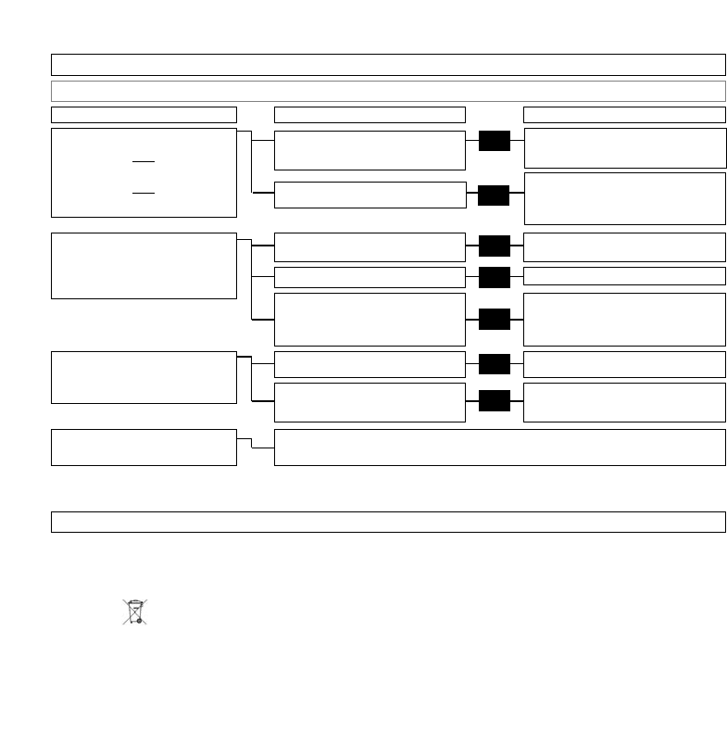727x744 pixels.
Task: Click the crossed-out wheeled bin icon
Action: pyautogui.click(x=135, y=612)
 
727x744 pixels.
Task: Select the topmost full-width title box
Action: pyautogui.click(x=388, y=64)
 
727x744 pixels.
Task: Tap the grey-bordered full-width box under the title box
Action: pyautogui.click(x=388, y=91)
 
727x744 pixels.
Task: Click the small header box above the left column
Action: pyautogui.click(x=144, y=115)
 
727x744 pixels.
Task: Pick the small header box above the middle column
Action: pyautogui.click(x=370, y=115)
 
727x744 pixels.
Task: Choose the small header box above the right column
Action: pyautogui.click(x=624, y=115)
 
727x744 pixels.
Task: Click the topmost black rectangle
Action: pyautogui.click(x=495, y=141)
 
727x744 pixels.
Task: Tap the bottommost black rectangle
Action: pyautogui.click(x=495, y=400)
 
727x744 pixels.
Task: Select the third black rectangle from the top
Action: pyautogui.click(x=495, y=246)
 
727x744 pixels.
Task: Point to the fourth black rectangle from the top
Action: pyautogui.click(x=495, y=276)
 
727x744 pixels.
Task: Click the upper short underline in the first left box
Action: pyautogui.click(x=144, y=161)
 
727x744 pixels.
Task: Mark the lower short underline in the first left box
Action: pyautogui.click(x=144, y=194)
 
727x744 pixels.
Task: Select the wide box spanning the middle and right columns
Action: pyautogui.click(x=500, y=447)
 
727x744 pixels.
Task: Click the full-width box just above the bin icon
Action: pyautogui.click(x=388, y=522)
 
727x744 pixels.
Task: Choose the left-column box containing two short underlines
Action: pyautogui.click(x=144, y=172)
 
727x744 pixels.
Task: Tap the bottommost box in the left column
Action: pyautogui.click(x=144, y=447)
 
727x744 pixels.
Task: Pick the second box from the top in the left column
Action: pyautogui.click(x=144, y=266)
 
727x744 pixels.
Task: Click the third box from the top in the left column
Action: pyautogui.click(x=144, y=377)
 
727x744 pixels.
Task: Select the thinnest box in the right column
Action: pyautogui.click(x=624, y=276)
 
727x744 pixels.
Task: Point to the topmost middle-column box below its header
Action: pyautogui.click(x=370, y=150)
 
